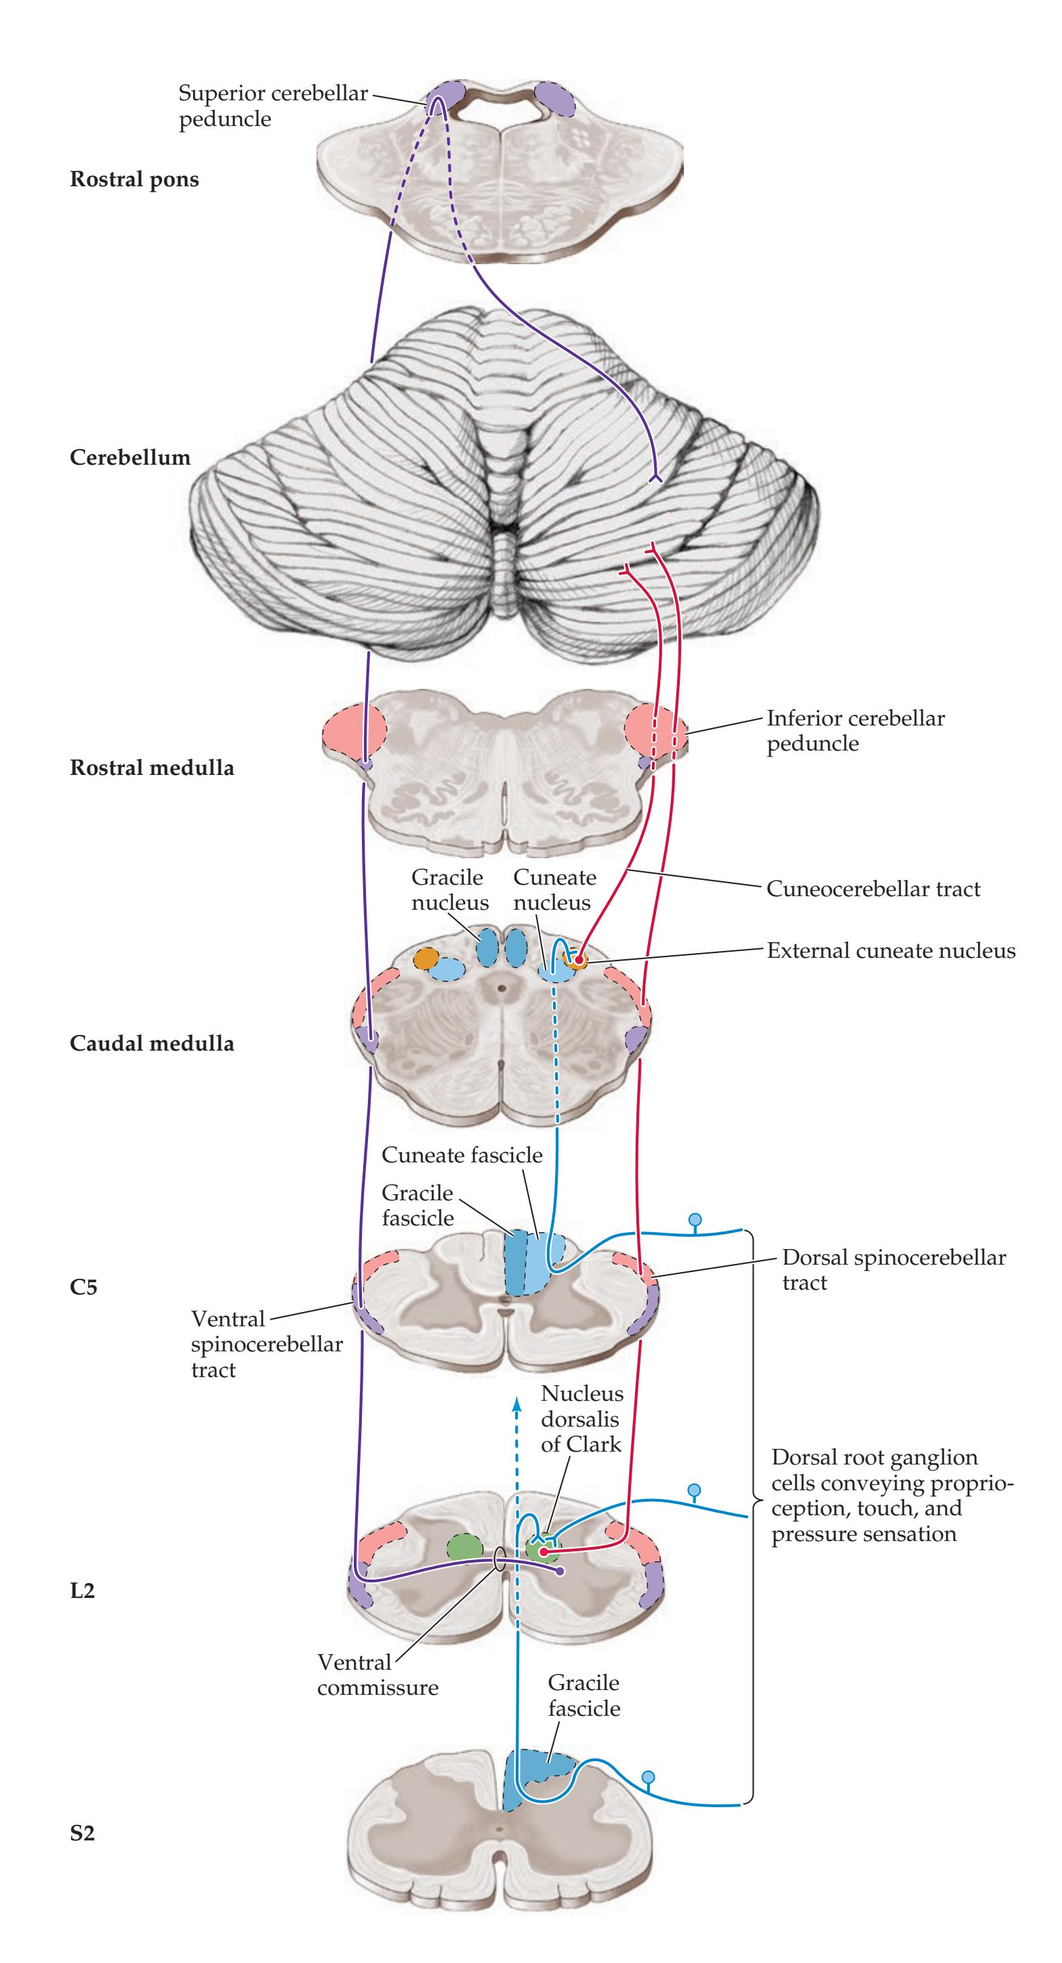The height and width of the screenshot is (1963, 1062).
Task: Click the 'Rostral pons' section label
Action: pos(134,180)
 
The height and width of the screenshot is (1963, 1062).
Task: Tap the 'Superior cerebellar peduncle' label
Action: pos(272,106)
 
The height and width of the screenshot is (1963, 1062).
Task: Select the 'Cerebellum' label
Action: pos(129,457)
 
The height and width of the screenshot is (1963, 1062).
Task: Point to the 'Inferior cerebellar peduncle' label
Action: pos(855,731)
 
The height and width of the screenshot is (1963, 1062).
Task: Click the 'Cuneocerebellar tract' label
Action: pos(873,889)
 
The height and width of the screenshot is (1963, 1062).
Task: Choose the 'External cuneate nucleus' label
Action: pos(891,950)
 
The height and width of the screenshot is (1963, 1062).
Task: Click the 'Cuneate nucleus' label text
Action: pos(554,890)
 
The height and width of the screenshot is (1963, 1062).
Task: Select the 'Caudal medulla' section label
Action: pos(152,1043)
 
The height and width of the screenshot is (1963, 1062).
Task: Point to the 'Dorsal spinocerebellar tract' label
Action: pos(893,1269)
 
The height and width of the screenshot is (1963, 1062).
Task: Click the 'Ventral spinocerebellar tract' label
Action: pos(266,1343)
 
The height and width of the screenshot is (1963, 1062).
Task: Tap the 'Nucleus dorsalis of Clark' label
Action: pos(581,1419)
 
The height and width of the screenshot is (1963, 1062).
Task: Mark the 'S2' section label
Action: pos(82,1834)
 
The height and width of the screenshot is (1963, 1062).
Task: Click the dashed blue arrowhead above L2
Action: pos(517,1401)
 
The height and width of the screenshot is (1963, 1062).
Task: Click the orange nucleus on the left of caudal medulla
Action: pos(426,958)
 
